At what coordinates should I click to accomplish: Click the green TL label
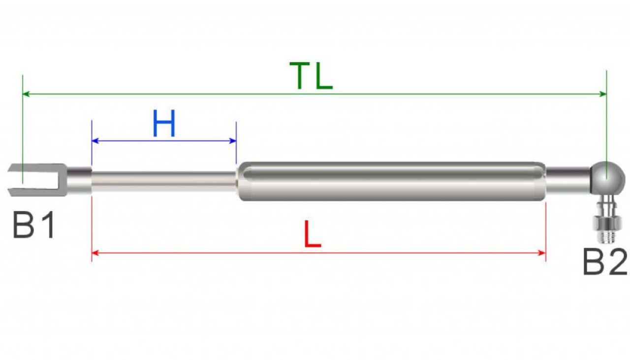311,76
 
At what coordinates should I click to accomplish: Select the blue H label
164,124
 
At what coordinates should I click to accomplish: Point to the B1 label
33,225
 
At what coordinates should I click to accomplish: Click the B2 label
605,262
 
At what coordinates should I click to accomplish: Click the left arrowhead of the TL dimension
26,94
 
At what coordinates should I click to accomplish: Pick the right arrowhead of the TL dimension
603,94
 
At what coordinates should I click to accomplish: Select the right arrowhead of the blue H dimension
233,141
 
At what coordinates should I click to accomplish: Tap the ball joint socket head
608,178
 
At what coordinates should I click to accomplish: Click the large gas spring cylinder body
391,181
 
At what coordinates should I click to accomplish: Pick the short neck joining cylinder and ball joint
568,180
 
